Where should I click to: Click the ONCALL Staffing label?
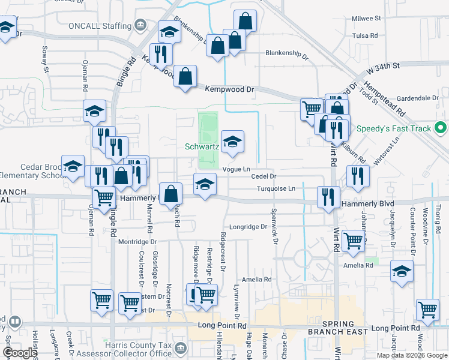point(100,26)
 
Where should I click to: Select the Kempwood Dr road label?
point(230,89)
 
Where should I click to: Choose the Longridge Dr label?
point(247,227)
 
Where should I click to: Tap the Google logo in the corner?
point(19,353)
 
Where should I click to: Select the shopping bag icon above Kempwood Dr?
point(185,77)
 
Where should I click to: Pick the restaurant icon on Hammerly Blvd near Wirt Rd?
point(328,197)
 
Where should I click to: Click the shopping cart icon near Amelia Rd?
point(354,241)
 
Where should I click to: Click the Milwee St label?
point(367,19)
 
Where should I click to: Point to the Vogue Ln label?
point(236,170)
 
